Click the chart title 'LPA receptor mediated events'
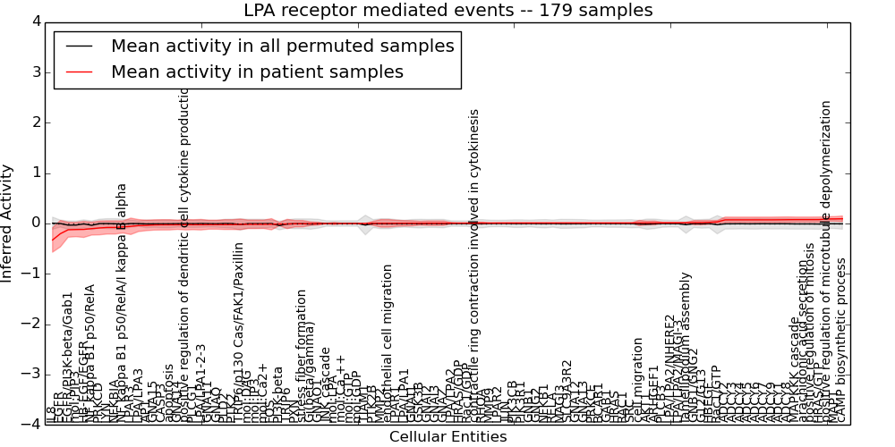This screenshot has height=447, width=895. point(447,11)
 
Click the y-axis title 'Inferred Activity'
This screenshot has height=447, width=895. point(8,223)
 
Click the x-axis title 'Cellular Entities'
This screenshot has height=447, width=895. point(447,437)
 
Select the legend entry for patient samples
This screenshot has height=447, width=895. point(257,72)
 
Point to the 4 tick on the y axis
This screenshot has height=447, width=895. point(35,21)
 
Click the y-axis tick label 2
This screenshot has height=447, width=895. point(35,122)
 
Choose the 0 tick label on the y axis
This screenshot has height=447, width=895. point(35,223)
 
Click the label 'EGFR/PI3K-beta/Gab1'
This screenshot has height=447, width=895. point(69,358)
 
